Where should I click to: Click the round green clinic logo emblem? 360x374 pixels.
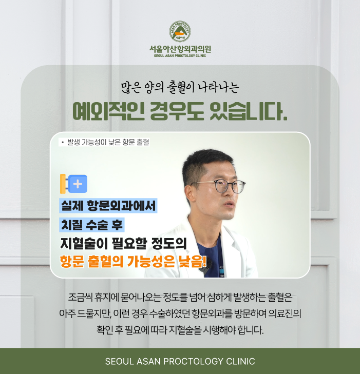coord(180,31)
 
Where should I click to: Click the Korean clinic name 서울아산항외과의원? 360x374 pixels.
coord(180,49)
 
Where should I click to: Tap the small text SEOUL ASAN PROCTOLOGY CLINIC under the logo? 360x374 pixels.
coord(180,56)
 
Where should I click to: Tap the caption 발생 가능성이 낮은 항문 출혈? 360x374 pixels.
coord(108,142)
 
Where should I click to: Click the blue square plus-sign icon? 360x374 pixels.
coord(78,184)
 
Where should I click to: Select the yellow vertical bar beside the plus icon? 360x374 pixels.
coord(63,184)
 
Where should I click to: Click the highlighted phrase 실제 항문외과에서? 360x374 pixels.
coord(108,206)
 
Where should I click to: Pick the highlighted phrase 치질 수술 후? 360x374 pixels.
coord(92,225)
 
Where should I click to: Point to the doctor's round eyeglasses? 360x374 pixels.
coord(221,186)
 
